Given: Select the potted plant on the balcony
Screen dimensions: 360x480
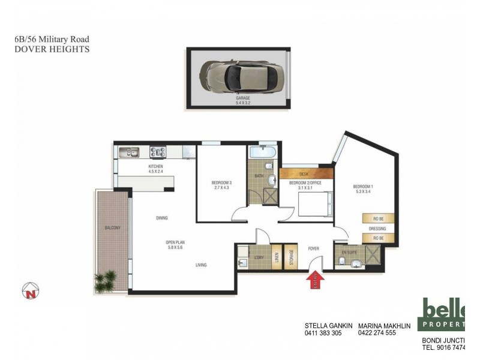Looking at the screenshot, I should [107, 281].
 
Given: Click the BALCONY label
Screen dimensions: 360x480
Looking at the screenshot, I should [112, 228].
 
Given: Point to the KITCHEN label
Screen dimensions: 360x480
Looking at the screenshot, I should [156, 166].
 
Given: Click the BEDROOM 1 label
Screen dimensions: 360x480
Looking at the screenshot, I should [365, 186].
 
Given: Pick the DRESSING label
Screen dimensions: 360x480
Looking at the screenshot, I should [377, 229].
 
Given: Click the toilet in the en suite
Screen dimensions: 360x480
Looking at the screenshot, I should [344, 263].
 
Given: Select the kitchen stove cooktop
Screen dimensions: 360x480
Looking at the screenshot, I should [158, 152].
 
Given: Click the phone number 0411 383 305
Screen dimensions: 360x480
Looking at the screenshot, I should [323, 332].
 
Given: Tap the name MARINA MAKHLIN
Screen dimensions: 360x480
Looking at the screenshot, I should [383, 326].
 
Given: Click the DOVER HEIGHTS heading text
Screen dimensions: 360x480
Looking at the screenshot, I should [52, 49].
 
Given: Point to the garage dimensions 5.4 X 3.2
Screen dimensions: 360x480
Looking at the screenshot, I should [243, 103].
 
